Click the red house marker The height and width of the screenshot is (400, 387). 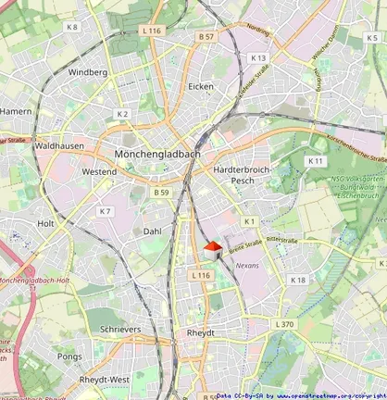tap(212, 249)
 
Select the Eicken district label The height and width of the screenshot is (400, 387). tap(201, 86)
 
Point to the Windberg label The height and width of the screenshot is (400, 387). tap(88, 71)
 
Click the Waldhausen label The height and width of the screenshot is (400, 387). tap(58, 145)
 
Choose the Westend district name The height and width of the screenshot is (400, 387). tap(99, 171)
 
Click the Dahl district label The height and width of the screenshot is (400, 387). tap(153, 231)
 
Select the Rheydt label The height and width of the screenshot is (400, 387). tap(201, 332)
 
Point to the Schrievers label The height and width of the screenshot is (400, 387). tap(120, 329)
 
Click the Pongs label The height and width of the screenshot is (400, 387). tap(69, 356)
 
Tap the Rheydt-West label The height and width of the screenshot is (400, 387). tap(105, 380)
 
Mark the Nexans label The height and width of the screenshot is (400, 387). tap(247, 265)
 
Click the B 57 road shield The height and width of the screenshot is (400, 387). tap(206, 36)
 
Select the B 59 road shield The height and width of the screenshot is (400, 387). tap(162, 192)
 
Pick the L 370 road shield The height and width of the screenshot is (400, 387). tap(284, 324)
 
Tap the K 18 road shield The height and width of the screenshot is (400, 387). tap(297, 280)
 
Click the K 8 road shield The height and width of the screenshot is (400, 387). tap(72, 27)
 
